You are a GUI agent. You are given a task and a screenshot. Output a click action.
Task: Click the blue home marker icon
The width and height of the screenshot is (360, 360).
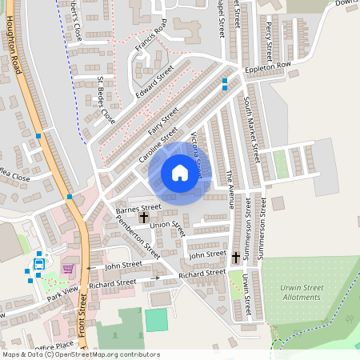[180, 173]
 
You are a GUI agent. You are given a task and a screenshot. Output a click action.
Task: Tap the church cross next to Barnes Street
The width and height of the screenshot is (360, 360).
[145, 217]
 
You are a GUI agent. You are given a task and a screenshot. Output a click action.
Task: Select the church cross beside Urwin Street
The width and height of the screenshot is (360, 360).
[235, 258]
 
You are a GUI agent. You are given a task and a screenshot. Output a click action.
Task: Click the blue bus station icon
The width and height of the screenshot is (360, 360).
[38, 265]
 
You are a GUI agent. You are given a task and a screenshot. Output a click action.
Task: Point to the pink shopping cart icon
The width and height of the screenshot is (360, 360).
[69, 268]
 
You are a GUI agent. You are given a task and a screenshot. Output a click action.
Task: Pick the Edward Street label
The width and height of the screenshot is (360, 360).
[154, 82]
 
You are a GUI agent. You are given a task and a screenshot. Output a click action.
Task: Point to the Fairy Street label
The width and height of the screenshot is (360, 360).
[162, 118]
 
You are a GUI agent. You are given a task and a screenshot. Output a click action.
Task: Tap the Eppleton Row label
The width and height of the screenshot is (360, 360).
[269, 66]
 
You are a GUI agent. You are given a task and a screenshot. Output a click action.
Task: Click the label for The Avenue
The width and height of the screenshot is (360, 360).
[229, 189]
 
